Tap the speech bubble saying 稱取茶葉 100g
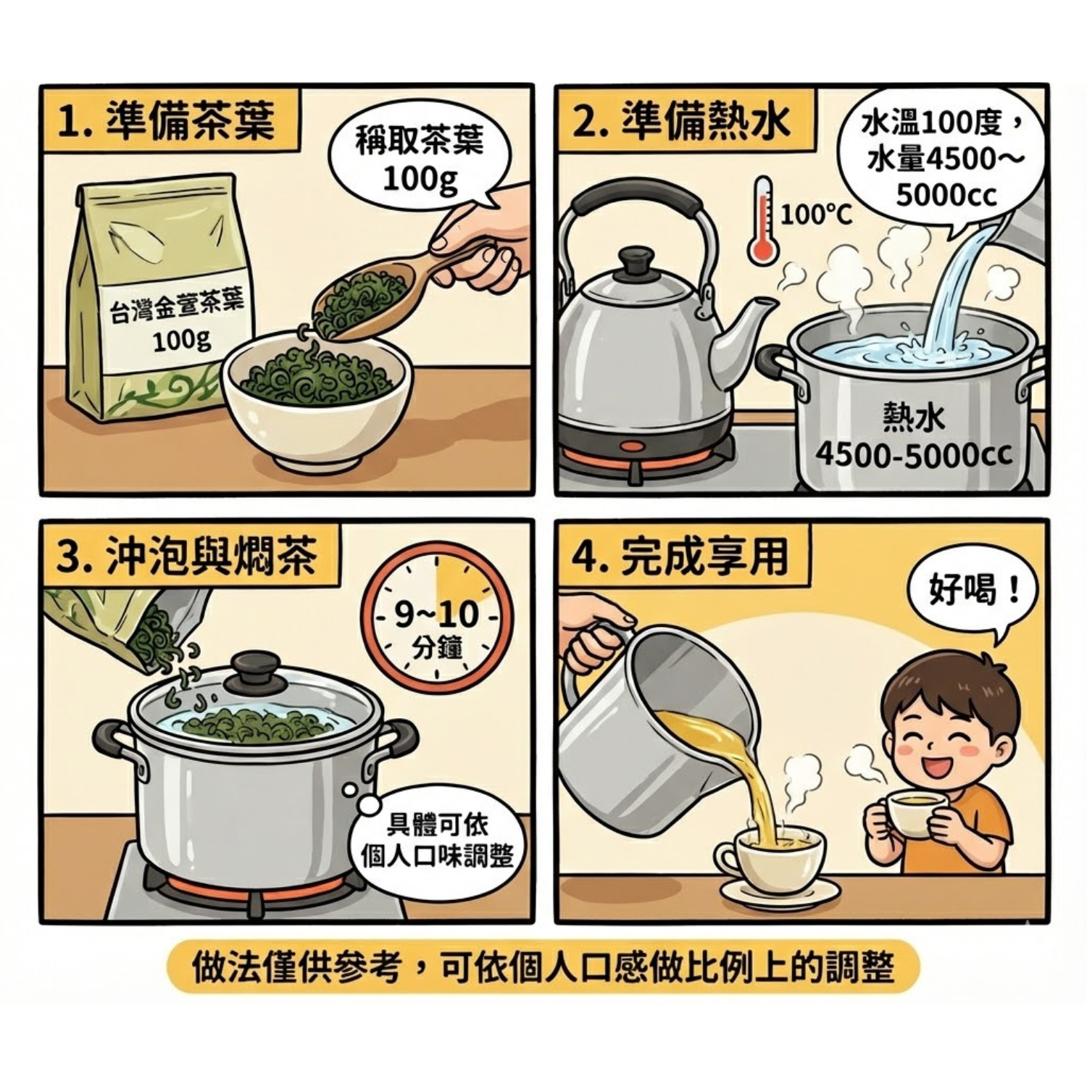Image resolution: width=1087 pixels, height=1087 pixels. point(420,158)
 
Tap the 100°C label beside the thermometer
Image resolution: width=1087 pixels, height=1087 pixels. point(816,215)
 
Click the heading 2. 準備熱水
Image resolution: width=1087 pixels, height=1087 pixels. point(682,121)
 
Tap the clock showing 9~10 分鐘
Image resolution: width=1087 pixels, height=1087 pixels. point(437,619)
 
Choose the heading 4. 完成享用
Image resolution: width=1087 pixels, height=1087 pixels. point(680,557)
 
